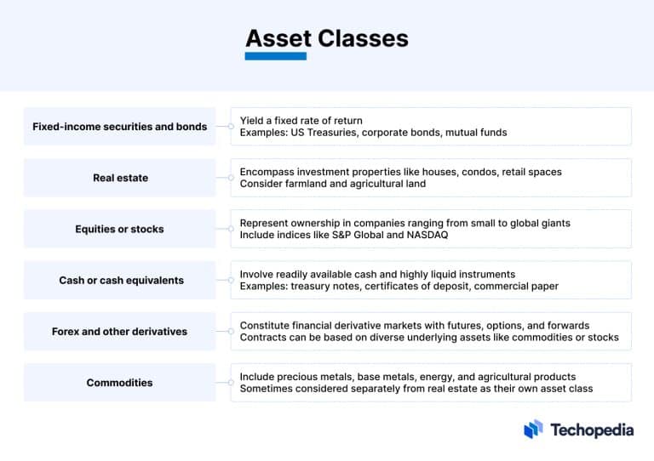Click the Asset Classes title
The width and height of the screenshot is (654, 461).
327,38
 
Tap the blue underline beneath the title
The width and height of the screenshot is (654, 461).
276,56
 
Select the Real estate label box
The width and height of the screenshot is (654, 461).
120,178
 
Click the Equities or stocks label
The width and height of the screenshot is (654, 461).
120,229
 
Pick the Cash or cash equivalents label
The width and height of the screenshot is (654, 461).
121,280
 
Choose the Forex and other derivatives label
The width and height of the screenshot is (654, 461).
119,331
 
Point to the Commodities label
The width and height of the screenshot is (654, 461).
120,383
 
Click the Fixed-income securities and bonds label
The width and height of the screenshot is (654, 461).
120,127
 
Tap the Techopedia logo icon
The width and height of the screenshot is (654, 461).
533,430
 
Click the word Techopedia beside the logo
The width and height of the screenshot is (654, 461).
592,430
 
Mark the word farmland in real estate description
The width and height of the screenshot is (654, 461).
304,184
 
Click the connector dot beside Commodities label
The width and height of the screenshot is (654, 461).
231,383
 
